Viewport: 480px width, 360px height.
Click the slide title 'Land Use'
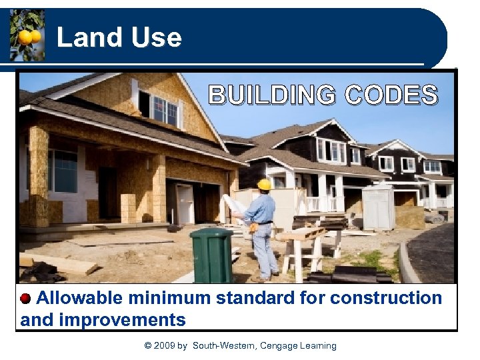119,37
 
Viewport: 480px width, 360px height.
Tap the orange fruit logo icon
27,35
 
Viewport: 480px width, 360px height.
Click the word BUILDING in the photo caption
271,95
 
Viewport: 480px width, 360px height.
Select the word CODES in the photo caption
391,95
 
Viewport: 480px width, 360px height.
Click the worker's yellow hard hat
265,185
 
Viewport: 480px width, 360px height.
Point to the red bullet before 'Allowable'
25,298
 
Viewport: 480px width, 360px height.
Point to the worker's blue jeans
265,250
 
